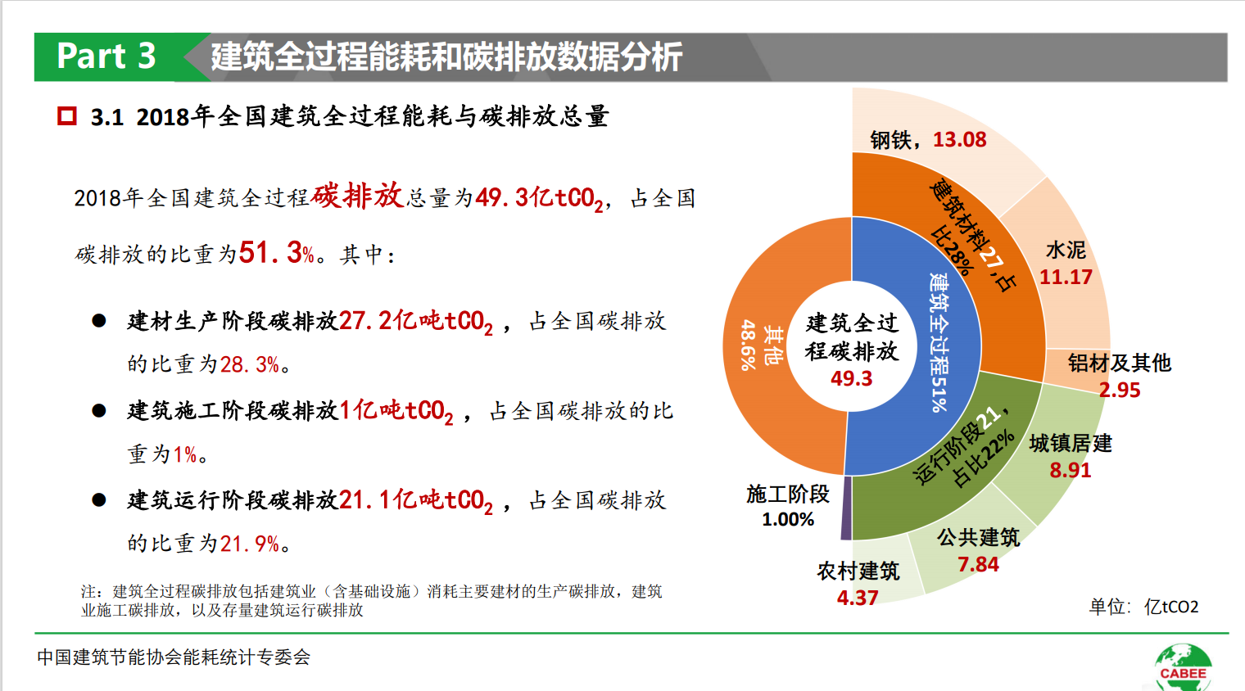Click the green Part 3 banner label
pyautogui.click(x=106, y=56)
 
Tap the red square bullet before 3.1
pyautogui.click(x=66, y=116)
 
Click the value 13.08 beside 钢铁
pyautogui.click(x=959, y=140)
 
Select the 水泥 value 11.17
pyautogui.click(x=1066, y=278)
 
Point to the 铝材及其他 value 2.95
pyautogui.click(x=1120, y=391)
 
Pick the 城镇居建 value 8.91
pyautogui.click(x=1070, y=471)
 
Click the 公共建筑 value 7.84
pyautogui.click(x=978, y=565)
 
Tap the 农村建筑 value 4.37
pyautogui.click(x=858, y=598)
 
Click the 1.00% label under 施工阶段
pyautogui.click(x=788, y=520)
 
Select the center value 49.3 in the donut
pyautogui.click(x=852, y=379)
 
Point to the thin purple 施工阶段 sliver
pyautogui.click(x=847, y=508)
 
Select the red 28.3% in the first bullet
pyautogui.click(x=250, y=364)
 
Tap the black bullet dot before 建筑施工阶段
pyautogui.click(x=99, y=410)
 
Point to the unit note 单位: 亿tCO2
pyautogui.click(x=1143, y=607)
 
